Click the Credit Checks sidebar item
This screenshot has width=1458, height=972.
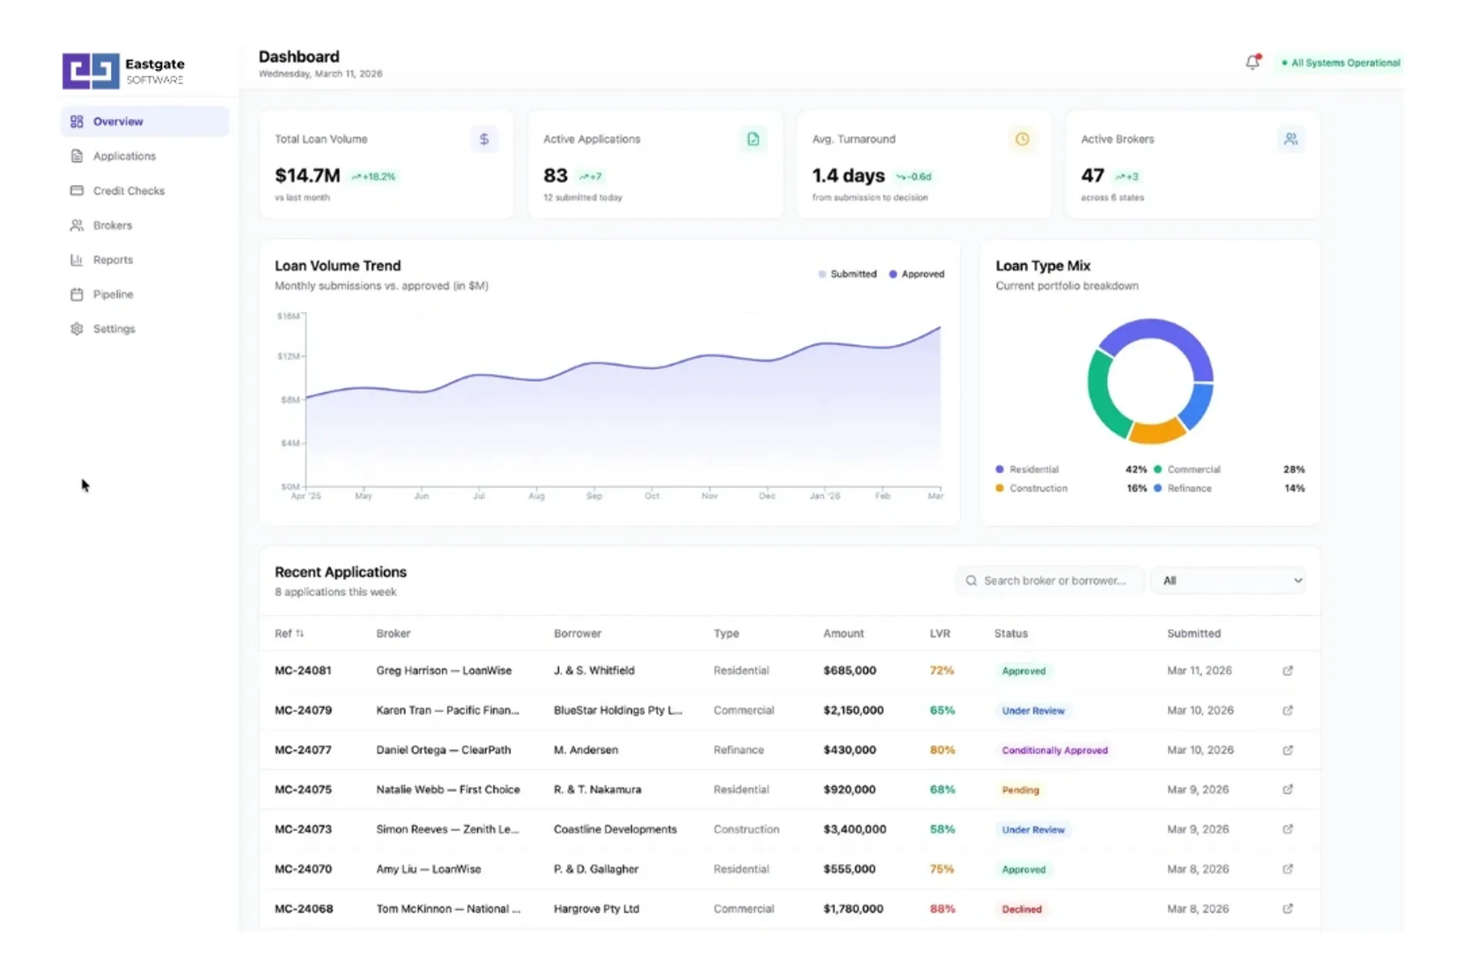click(128, 191)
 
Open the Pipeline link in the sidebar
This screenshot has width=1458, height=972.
click(113, 295)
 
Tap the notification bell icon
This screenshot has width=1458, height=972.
click(1252, 62)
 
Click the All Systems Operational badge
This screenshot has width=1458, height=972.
click(1343, 63)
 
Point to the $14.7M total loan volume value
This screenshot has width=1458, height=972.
click(307, 176)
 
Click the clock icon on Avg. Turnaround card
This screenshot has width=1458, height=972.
click(1022, 139)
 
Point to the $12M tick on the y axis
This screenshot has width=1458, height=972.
click(288, 356)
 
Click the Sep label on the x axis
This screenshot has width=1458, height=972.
click(594, 496)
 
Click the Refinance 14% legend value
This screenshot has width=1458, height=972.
click(1294, 488)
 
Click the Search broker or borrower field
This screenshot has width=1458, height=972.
click(1053, 581)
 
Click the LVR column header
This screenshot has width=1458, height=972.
click(940, 633)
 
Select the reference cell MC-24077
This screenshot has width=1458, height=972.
click(303, 750)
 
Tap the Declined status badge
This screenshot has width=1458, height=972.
click(1021, 910)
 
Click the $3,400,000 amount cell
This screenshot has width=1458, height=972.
click(854, 829)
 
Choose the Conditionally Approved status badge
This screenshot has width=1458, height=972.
click(1054, 751)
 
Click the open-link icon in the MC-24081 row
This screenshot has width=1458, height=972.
click(1287, 671)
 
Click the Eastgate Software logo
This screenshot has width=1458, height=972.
click(123, 71)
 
